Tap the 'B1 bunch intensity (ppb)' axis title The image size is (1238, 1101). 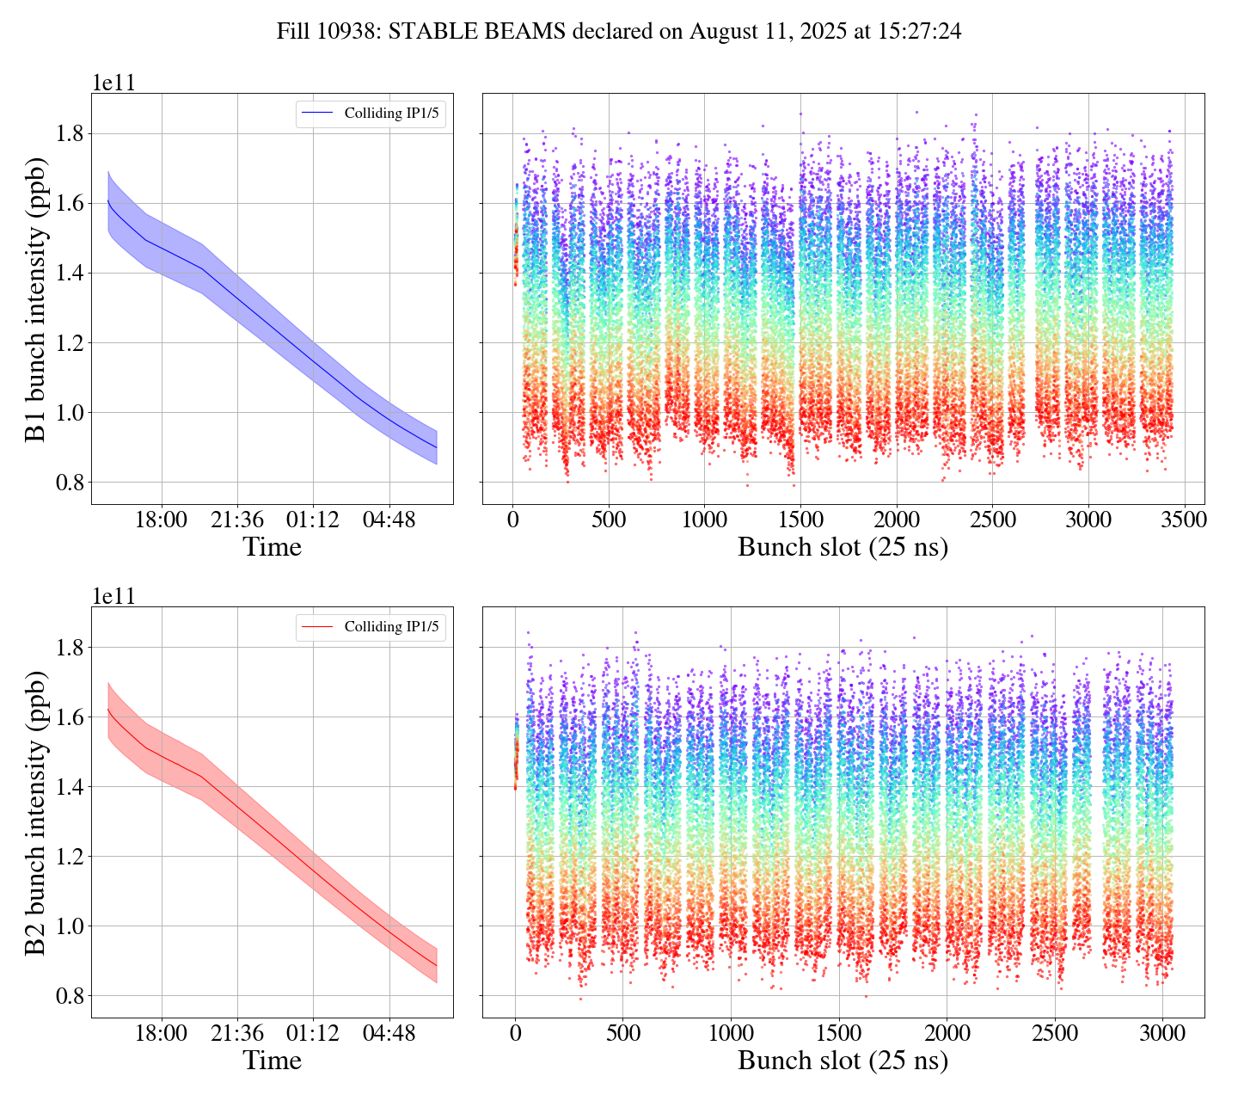point(35,298)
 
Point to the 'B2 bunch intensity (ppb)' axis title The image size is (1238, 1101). point(35,812)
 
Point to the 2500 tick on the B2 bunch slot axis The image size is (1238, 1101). point(1055,1033)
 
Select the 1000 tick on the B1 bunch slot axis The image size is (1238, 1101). point(704,520)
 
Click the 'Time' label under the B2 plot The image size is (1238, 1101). point(272,1061)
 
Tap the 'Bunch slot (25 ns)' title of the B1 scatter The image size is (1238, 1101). point(843,547)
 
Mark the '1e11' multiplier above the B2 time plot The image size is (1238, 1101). point(113,596)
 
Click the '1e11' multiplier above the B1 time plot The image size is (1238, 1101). point(113,83)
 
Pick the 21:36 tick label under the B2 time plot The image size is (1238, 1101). point(236,1033)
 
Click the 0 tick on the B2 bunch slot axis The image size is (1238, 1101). point(515,1033)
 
